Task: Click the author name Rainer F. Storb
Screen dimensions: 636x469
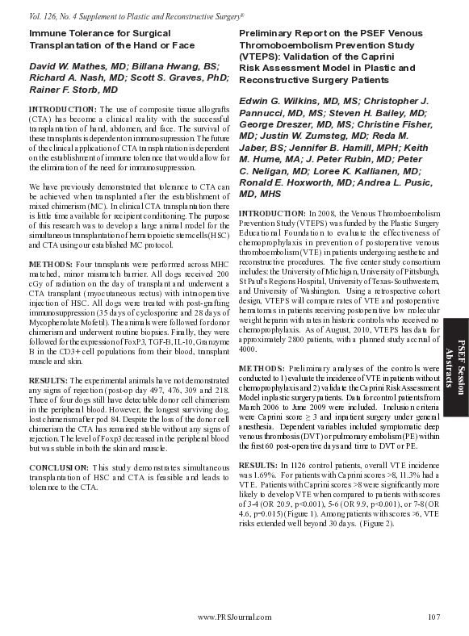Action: [x=69, y=90]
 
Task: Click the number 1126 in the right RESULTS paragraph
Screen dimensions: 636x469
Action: [x=297, y=467]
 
